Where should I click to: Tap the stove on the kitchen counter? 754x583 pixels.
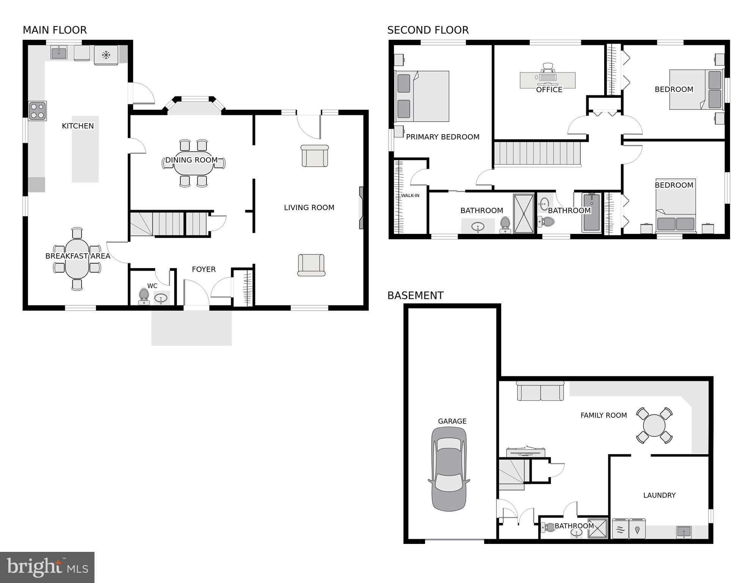click(x=38, y=111)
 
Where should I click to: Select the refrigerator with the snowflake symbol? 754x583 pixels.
click(x=106, y=55)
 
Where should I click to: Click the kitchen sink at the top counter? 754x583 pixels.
click(x=59, y=53)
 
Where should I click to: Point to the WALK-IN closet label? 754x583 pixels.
click(x=410, y=196)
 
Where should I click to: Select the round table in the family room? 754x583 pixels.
click(x=654, y=425)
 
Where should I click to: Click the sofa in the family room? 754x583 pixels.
click(x=540, y=391)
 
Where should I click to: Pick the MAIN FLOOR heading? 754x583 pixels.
click(x=55, y=30)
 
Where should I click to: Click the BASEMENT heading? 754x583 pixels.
click(x=415, y=295)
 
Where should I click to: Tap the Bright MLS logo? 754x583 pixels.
click(x=47, y=567)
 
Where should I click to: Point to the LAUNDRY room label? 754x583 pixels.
click(x=659, y=495)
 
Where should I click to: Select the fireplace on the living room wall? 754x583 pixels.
click(x=361, y=208)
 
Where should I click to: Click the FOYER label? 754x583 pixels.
click(x=203, y=269)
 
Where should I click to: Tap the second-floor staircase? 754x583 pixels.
click(x=537, y=154)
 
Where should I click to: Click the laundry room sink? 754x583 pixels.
click(x=684, y=532)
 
